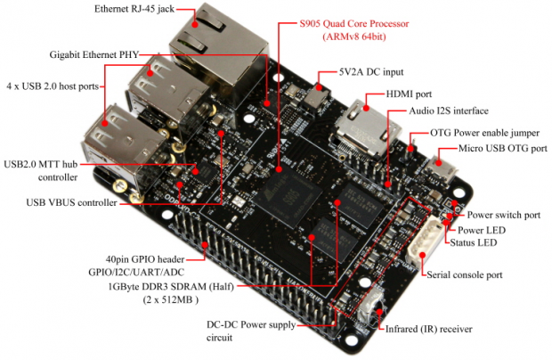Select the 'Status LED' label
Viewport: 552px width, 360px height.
(x=487, y=243)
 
